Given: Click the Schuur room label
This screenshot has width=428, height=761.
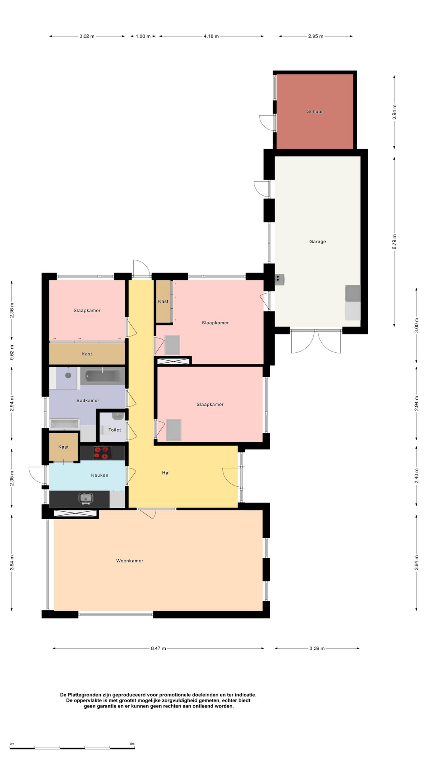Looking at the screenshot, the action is [x=315, y=111].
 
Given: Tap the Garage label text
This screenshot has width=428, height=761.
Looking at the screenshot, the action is [x=317, y=241].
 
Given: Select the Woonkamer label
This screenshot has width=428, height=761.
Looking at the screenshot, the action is [x=130, y=560].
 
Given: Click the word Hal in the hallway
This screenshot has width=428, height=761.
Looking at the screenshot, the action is [x=166, y=472].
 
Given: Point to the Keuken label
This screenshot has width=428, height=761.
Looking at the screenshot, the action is [x=99, y=475].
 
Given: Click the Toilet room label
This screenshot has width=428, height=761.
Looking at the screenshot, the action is [x=115, y=430].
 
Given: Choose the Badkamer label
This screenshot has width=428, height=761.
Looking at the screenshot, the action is [x=88, y=400].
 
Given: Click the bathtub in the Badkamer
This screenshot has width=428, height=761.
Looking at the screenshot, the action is [x=103, y=376].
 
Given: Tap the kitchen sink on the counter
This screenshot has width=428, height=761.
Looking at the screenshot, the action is [x=86, y=498].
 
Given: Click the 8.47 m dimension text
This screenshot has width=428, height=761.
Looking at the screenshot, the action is [x=158, y=648].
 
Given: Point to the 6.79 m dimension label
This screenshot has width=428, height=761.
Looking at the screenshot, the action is [x=394, y=242].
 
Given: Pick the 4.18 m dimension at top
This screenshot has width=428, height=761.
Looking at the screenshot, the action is [x=211, y=36].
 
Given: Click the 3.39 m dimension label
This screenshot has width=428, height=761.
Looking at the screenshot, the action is [x=317, y=648].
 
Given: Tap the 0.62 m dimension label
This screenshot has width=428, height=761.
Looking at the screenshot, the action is [x=12, y=352].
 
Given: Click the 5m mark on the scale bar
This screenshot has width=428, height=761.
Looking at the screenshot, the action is [x=132, y=744].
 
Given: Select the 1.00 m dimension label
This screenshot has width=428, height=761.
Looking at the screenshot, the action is [x=143, y=36].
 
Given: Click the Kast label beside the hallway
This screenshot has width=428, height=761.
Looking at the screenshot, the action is [x=163, y=301].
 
